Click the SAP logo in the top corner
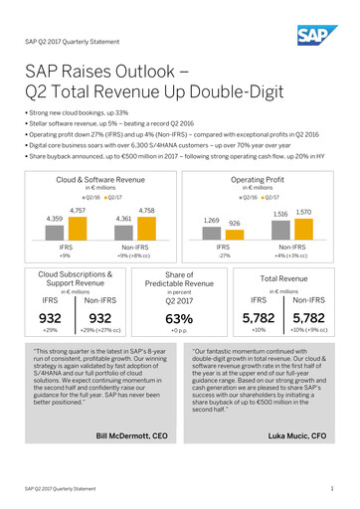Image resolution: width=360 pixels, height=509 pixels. click(x=323, y=37)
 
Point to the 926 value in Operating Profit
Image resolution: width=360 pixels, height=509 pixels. click(x=235, y=197)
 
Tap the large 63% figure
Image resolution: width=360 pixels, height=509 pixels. click(x=180, y=319)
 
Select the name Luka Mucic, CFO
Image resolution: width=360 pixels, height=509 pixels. click(x=302, y=463)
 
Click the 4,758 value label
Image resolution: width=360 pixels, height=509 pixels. click(x=146, y=184)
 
